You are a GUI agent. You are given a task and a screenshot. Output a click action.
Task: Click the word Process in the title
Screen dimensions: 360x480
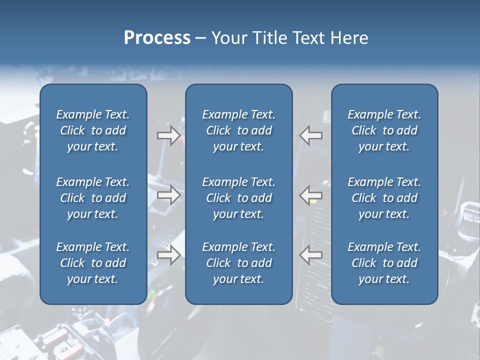[x=157, y=38]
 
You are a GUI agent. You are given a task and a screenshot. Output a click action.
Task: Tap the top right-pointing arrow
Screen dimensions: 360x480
[x=168, y=135]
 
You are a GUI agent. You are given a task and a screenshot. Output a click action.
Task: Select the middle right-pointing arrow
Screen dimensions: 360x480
[x=168, y=194]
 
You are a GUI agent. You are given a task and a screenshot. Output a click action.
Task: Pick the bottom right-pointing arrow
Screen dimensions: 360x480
[x=168, y=255]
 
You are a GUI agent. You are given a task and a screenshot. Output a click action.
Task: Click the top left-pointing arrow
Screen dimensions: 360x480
[x=311, y=135]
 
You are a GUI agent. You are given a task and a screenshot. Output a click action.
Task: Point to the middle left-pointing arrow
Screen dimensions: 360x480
[x=311, y=194]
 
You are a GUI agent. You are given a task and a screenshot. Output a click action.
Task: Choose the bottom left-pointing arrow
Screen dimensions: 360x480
[x=311, y=255]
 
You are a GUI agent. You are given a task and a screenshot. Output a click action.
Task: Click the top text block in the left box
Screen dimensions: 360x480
[x=93, y=130]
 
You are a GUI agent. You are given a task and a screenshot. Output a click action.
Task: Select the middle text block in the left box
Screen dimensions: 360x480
[x=93, y=198]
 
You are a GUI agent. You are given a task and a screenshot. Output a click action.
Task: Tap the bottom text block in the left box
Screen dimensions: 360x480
[x=93, y=263]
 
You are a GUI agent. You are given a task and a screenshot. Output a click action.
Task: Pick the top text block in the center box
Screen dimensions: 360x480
[x=238, y=130]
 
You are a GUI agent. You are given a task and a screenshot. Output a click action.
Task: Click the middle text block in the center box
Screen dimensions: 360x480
[x=238, y=198]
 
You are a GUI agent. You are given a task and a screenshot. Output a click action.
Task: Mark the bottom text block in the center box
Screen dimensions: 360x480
[x=238, y=263]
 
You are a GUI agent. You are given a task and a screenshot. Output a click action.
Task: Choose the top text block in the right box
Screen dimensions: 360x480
[x=384, y=130]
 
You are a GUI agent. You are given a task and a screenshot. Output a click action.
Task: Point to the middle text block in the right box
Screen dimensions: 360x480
[x=384, y=198]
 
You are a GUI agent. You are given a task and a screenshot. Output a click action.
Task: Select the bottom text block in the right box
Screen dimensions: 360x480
[x=384, y=263]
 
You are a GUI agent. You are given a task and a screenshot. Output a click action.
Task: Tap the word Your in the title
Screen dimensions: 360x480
[x=227, y=38]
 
